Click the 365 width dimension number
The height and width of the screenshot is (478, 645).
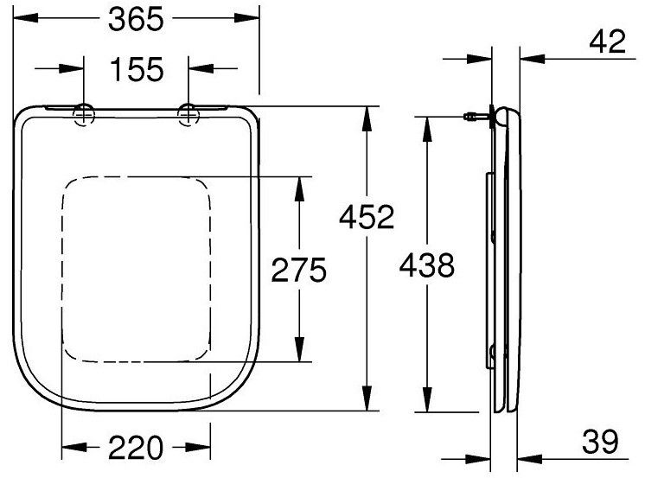tap(136, 19)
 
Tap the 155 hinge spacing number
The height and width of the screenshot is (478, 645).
tap(137, 69)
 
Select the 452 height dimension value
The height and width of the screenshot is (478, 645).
tap(367, 217)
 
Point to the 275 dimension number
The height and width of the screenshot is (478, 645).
tap(299, 270)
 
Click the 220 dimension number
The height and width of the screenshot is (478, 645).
tap(136, 448)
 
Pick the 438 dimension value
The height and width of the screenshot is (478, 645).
tap(427, 264)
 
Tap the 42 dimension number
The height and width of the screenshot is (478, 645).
tap(608, 41)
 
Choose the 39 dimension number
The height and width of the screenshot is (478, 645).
tap(600, 442)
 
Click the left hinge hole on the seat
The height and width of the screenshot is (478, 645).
tap(84, 115)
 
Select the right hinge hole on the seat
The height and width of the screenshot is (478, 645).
tap(188, 115)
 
